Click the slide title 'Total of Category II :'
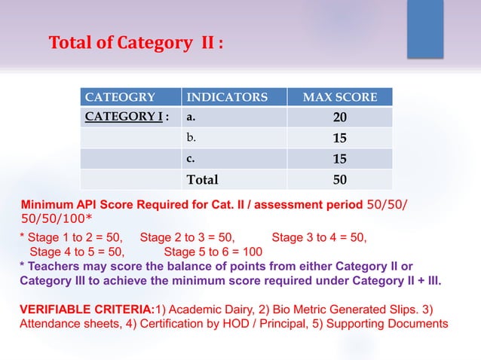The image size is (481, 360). [x=136, y=43]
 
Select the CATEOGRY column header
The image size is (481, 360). [x=121, y=97]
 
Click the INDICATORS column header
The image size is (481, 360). [x=227, y=97]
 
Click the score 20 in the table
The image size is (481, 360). [x=340, y=118]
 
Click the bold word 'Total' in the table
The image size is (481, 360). [x=203, y=179]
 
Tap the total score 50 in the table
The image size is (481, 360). [x=340, y=179]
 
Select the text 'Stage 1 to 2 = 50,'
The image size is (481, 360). [x=71, y=237]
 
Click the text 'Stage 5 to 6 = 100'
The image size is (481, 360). [x=213, y=252]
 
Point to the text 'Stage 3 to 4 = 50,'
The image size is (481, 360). [x=319, y=237]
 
